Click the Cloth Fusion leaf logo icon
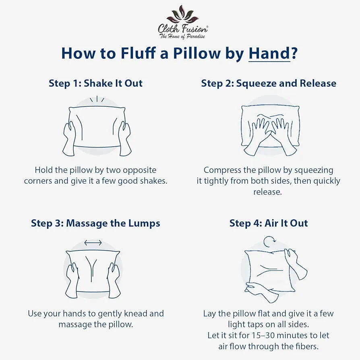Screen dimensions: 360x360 (182, 14)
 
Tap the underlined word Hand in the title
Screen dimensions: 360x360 (269, 53)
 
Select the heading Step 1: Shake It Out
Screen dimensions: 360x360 (95, 83)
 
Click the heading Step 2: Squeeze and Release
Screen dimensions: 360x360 (269, 83)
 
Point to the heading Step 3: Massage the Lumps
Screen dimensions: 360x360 (95, 223)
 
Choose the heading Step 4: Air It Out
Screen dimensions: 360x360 (269, 223)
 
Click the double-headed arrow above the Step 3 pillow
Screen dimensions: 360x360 (93, 242)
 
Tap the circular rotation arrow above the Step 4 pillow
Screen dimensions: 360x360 (269, 242)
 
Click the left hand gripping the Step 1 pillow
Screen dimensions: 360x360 (69, 139)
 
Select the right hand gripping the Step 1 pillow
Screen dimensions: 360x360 (125, 139)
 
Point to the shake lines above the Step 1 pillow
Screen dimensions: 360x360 (97, 99)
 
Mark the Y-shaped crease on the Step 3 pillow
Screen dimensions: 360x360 (91, 269)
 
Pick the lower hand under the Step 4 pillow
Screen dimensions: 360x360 (261, 292)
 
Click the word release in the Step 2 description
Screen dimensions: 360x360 (268, 192)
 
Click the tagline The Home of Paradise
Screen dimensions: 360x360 (182, 36)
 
